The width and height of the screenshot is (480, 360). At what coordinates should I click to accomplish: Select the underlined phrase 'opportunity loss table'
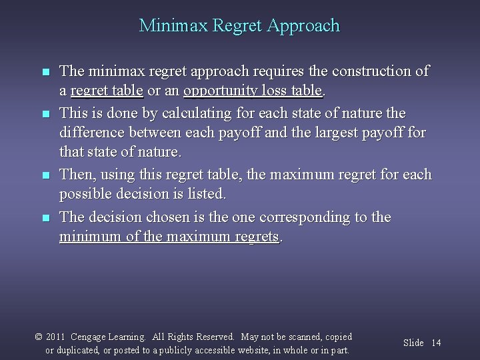pos(253,90)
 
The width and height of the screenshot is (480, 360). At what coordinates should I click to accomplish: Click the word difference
pos(91,133)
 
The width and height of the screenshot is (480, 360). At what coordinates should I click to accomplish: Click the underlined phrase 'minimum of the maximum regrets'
pos(169,237)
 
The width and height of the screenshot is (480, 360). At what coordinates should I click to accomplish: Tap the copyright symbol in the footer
pos(38,337)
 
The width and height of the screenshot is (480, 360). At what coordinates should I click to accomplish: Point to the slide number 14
pos(436,343)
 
